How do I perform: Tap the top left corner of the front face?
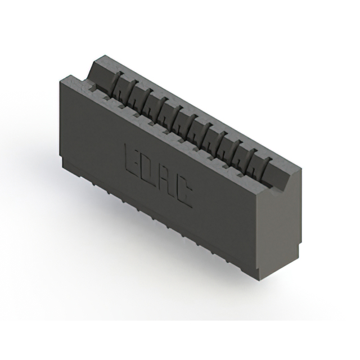(58, 79)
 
